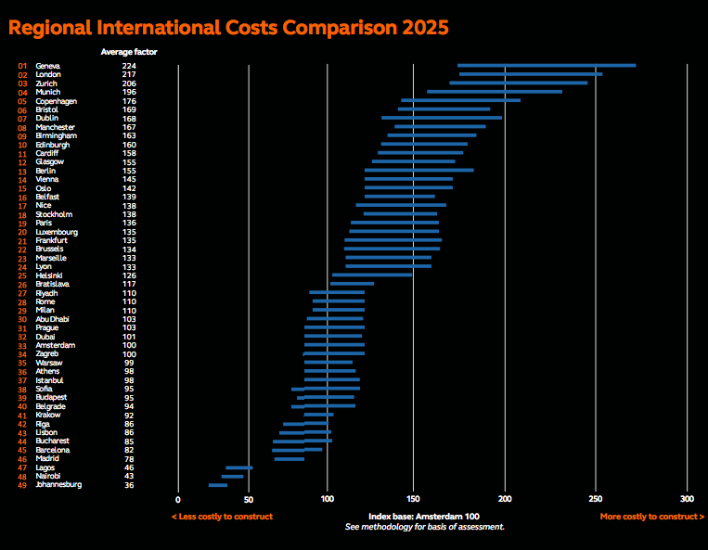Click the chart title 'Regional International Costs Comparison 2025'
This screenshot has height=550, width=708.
[x=228, y=27]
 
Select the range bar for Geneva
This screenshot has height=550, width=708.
[x=546, y=66]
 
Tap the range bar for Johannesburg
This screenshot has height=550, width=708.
[x=217, y=484]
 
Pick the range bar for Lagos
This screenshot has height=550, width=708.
[x=238, y=467]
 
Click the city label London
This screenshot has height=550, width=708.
[x=48, y=74]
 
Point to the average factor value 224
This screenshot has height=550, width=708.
[x=129, y=66]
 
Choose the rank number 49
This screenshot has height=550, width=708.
[x=22, y=484]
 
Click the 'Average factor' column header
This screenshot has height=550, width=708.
[x=128, y=52]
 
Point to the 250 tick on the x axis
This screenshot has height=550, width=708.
[x=597, y=497]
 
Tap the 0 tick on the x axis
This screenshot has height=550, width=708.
[x=178, y=497]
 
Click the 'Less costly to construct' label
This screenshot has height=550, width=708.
[x=222, y=516]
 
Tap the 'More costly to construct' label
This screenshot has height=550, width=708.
[x=651, y=516]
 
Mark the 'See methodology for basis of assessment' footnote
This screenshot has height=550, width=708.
[x=425, y=527]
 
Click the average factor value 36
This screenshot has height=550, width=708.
[x=129, y=484]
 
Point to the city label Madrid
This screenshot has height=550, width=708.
[x=48, y=458]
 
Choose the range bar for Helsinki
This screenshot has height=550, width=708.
[x=372, y=275]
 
